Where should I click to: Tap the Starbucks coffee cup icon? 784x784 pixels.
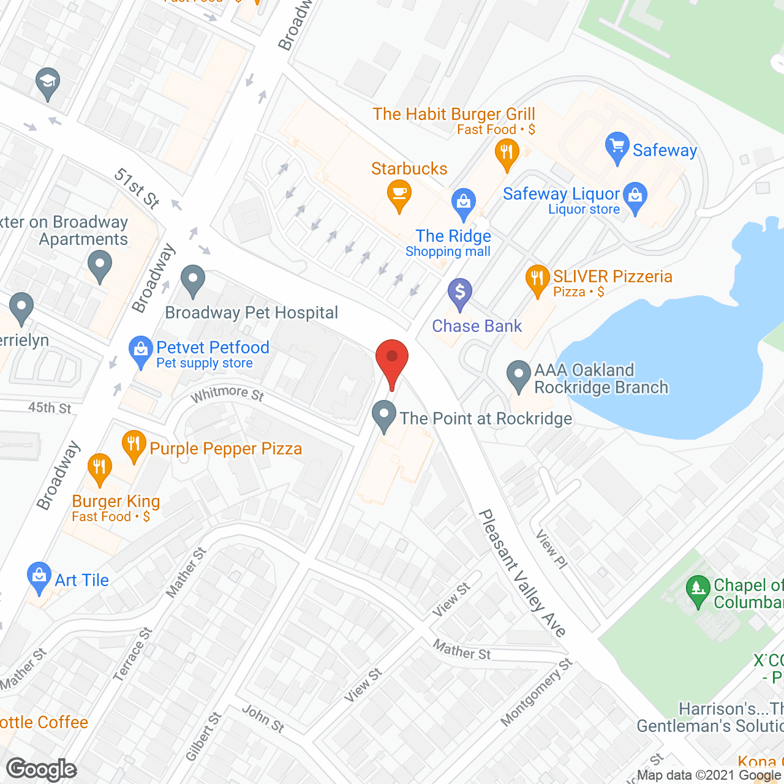pyautogui.click(x=399, y=194)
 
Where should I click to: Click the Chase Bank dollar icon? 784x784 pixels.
pyautogui.click(x=459, y=293)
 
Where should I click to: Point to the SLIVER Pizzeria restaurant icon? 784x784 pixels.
pyautogui.click(x=537, y=279)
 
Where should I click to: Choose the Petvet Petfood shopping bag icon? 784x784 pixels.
pyautogui.click(x=141, y=351)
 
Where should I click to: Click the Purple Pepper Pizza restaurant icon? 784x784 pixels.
pyautogui.click(x=134, y=445)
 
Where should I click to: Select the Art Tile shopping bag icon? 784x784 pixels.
pyautogui.click(x=39, y=576)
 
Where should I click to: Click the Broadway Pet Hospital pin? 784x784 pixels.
pyautogui.click(x=193, y=280)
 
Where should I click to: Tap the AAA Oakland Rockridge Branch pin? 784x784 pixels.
pyautogui.click(x=519, y=375)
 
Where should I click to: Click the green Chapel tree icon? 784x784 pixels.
pyautogui.click(x=698, y=590)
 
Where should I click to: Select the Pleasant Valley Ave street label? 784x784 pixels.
pyautogui.click(x=522, y=573)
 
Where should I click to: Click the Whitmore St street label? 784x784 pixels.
pyautogui.click(x=227, y=393)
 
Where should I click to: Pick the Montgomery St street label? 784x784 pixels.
pyautogui.click(x=537, y=692)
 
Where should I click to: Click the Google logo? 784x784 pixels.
pyautogui.click(x=42, y=769)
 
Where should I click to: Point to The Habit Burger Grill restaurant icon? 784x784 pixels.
pyautogui.click(x=507, y=152)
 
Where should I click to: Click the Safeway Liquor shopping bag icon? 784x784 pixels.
pyautogui.click(x=635, y=196)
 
